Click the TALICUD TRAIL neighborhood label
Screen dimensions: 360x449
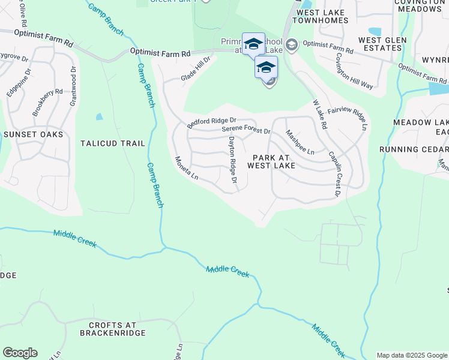tap(113, 144)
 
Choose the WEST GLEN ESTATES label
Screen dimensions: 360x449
tap(382, 44)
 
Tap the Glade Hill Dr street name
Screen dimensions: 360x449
tap(196, 70)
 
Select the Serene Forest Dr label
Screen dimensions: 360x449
tap(246, 130)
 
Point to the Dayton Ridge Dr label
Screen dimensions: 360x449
tap(232, 160)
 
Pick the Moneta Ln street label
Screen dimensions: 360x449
tap(186, 168)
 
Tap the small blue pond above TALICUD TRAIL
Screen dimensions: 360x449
tap(99, 117)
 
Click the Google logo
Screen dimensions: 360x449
tap(20, 353)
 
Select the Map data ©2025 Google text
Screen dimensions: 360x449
tap(411, 355)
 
